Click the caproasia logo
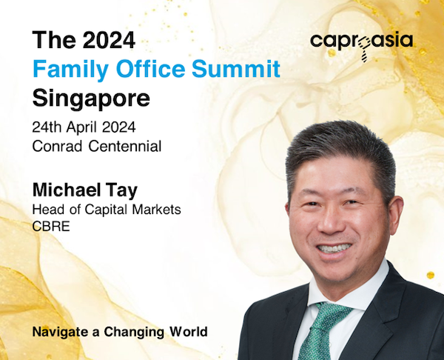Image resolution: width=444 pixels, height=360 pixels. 362,45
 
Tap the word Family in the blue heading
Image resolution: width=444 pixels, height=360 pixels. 71,70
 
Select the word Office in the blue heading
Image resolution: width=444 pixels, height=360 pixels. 151,69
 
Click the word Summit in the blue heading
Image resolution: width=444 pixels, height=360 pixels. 236,69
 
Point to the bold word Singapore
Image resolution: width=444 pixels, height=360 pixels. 91,99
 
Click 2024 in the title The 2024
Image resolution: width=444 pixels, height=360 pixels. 109,40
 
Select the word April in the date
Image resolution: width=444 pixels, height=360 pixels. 82,128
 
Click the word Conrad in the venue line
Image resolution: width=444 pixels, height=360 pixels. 57,146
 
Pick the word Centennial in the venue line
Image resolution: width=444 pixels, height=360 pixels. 125,146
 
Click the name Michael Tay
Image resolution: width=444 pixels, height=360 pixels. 85,190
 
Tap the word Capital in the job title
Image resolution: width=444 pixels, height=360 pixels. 106,210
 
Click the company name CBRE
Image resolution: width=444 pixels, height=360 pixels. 51,227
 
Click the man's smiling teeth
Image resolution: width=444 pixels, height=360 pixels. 334,248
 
